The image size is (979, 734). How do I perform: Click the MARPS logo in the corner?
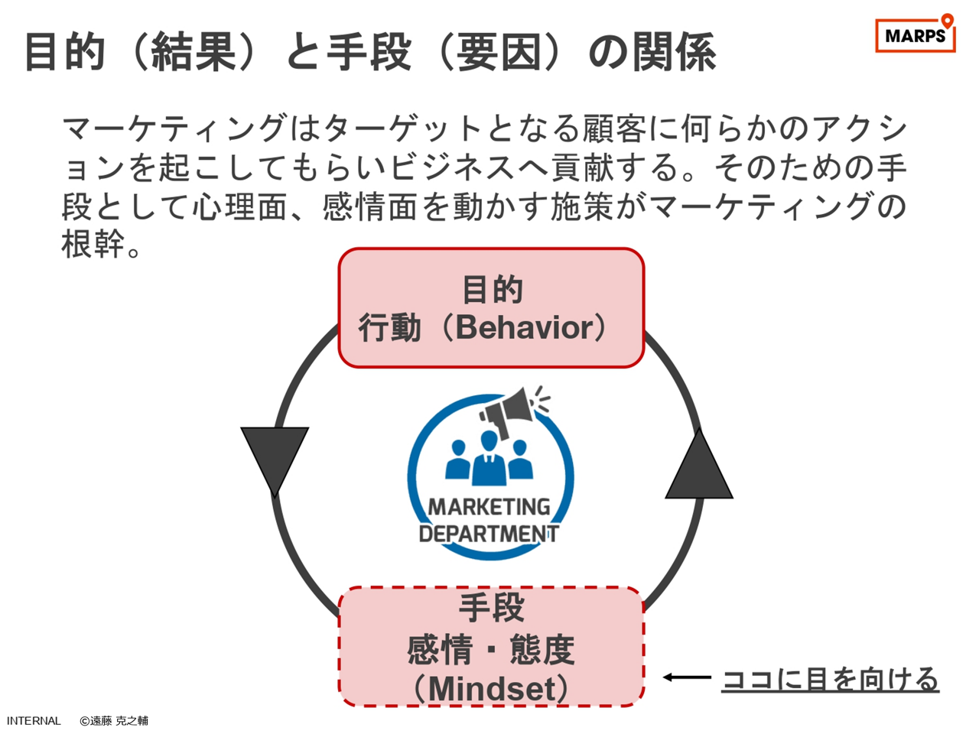(x=915, y=34)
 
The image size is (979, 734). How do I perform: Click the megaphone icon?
(x=514, y=411)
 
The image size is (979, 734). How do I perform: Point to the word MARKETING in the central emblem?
(x=489, y=507)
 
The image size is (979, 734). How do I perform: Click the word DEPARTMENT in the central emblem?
(x=489, y=534)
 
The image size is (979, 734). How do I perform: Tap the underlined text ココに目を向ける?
(x=830, y=679)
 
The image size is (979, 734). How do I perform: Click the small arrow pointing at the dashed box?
(x=687, y=677)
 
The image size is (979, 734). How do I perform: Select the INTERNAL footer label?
(x=34, y=721)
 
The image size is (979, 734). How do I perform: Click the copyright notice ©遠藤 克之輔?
(x=114, y=721)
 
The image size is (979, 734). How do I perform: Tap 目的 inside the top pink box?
(x=492, y=289)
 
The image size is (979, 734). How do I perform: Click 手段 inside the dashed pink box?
(x=492, y=607)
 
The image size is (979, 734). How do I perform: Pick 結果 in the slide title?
(x=194, y=52)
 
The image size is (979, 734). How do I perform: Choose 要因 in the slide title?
(x=499, y=52)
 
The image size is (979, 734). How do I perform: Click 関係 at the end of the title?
(x=675, y=52)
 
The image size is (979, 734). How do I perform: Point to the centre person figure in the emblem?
(x=489, y=458)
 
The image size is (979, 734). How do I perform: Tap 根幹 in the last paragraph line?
(x=93, y=244)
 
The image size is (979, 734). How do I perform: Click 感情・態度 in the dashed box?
(x=491, y=649)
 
